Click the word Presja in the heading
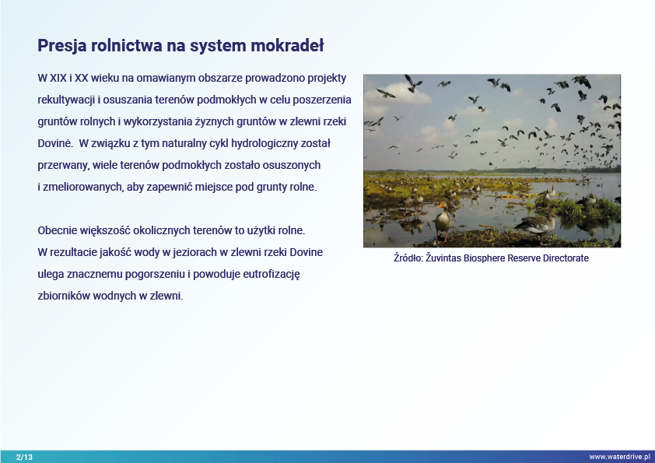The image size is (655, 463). coord(61,46)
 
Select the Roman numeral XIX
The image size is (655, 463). coord(58,78)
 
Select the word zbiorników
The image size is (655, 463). coord(64,296)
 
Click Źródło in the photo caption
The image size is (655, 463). coord(408,258)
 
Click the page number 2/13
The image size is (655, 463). coord(24,457)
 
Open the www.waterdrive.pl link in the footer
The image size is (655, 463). coord(620,457)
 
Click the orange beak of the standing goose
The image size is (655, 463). coord(440,205)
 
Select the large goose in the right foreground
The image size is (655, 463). coord(537,226)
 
